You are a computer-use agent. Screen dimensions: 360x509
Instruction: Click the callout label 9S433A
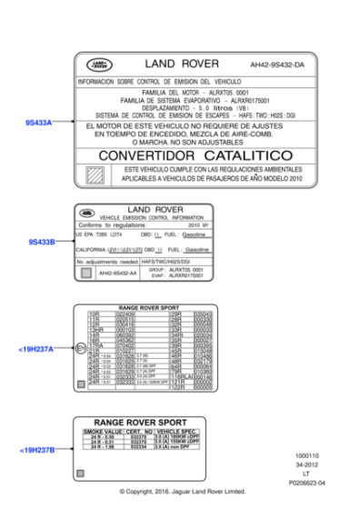38,122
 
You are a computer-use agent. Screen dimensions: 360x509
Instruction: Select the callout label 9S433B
41,243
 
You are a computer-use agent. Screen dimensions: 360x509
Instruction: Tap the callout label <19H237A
35,349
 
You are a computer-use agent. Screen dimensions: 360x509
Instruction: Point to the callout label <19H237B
35,449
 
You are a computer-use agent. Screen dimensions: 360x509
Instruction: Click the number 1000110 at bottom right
308,456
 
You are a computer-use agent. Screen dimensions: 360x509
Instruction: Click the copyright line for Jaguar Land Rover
183,494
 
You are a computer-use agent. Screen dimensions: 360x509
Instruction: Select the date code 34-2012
307,465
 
